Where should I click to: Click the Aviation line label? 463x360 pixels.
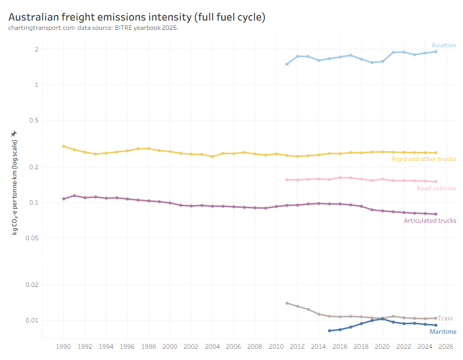point(443,45)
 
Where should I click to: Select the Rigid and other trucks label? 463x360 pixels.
point(424,159)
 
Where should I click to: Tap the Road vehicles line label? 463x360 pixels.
point(436,188)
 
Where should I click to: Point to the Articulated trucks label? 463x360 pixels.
point(430,221)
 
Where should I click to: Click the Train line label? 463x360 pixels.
point(445,318)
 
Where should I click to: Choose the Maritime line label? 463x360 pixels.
point(442,332)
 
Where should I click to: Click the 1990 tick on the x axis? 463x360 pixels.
point(63,347)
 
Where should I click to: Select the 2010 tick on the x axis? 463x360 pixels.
point(276,347)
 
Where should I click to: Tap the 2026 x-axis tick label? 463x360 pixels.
point(446,347)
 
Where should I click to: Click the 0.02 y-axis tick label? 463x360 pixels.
point(32,284)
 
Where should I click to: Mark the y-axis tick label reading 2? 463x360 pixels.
point(37,49)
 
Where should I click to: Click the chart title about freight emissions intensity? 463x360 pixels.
point(137,17)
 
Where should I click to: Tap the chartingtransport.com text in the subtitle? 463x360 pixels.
point(42,27)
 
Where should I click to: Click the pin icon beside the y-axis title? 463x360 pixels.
point(14,134)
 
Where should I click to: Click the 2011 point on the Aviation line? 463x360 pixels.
point(287,64)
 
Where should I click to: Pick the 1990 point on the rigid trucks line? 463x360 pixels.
point(63,146)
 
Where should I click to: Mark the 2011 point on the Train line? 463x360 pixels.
point(287,303)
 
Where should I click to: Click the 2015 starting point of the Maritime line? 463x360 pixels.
point(329,331)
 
